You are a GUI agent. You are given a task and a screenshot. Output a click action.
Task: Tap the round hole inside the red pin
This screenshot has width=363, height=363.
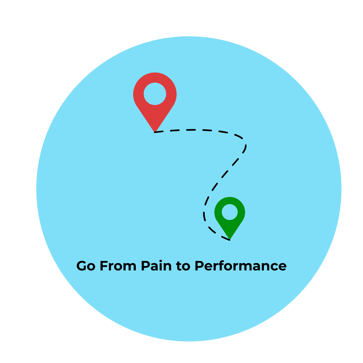tap(155, 94)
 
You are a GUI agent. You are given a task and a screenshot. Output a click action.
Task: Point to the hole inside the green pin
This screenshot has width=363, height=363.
tap(229, 212)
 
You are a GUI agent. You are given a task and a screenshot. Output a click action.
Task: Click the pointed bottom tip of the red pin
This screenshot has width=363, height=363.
tap(155, 131)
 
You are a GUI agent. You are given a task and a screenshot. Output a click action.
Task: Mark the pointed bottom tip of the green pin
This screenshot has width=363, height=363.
tap(229, 239)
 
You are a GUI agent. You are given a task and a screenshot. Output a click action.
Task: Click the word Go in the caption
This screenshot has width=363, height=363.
tap(86, 266)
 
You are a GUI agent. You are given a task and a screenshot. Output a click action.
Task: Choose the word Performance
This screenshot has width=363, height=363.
tap(240, 266)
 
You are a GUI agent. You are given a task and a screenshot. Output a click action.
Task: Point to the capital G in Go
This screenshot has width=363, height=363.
tap(81, 266)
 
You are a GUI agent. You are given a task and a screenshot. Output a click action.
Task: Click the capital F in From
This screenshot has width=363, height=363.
tap(103, 266)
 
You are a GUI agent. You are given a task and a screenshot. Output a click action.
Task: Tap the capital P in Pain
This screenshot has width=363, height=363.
tap(145, 266)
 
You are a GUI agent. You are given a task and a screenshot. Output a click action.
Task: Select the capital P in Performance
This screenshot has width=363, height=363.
tap(199, 266)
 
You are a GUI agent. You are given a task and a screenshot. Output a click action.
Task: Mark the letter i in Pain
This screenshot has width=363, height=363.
tap(162, 266)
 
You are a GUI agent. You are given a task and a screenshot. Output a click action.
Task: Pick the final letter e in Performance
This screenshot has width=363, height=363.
tap(282, 267)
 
